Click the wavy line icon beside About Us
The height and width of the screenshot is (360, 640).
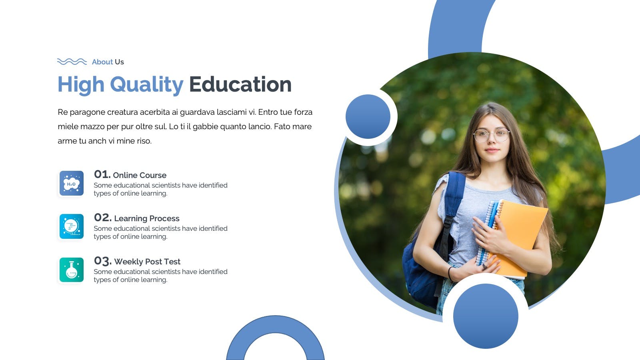[72, 62]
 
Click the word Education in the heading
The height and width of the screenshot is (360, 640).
[240, 84]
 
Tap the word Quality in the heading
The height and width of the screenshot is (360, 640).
[146, 84]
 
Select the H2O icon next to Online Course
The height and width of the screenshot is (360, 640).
[72, 184]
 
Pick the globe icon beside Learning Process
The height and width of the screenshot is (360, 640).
[72, 226]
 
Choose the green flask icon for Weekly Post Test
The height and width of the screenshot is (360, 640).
[72, 270]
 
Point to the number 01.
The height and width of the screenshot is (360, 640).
[102, 174]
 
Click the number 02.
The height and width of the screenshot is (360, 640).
[102, 218]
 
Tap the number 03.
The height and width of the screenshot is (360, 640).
[102, 261]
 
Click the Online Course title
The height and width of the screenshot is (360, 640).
[140, 175]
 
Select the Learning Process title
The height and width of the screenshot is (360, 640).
[147, 218]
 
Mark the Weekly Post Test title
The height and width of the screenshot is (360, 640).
[147, 262]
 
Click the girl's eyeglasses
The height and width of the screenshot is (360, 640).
[491, 135]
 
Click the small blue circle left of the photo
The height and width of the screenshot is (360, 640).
[368, 116]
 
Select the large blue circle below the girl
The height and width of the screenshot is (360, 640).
[486, 316]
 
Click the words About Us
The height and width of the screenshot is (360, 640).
[108, 62]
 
